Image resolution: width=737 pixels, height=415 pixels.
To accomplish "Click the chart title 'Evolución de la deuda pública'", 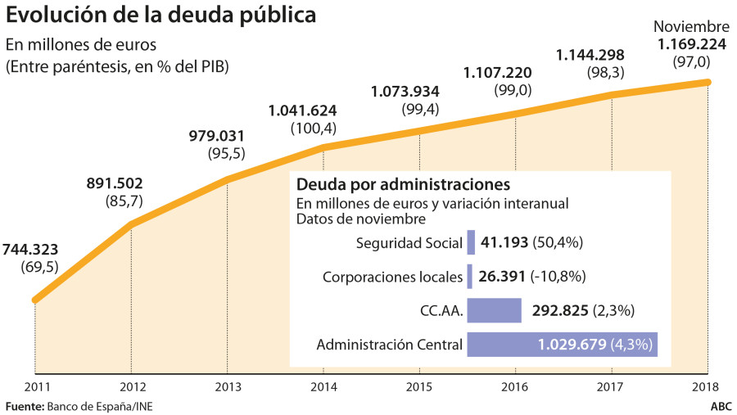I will coord(161,15).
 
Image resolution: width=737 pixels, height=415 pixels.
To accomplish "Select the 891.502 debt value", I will coord(124,185).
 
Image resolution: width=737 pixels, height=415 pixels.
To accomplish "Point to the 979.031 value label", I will coord(216,136).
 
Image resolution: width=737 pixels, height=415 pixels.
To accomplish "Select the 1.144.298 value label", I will coord(590,55).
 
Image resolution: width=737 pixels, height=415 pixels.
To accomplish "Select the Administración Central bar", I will coord(563,345).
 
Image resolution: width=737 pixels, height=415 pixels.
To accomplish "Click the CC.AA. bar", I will coord(494,310).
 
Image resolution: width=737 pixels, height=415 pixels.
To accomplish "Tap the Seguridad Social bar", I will coord(471,242).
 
